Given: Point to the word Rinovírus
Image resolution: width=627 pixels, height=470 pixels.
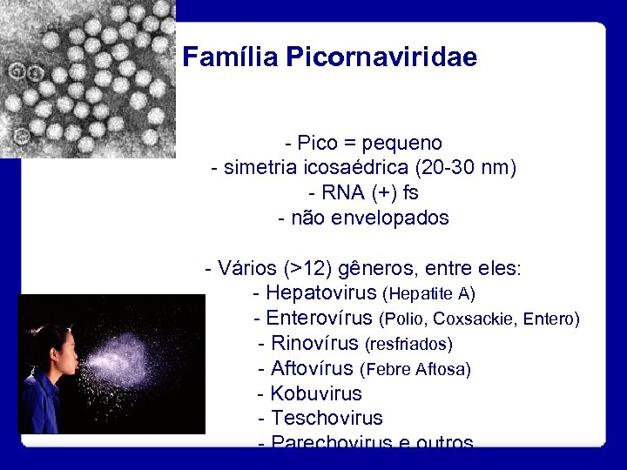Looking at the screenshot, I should click(314, 344).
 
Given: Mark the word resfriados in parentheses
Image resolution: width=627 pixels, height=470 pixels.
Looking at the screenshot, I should click(408, 345).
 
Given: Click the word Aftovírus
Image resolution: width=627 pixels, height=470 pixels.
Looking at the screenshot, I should click(312, 369).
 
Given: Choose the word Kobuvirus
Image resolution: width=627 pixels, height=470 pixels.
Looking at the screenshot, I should click(315, 394).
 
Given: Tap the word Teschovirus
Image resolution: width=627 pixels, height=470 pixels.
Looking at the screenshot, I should click(327, 419).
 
